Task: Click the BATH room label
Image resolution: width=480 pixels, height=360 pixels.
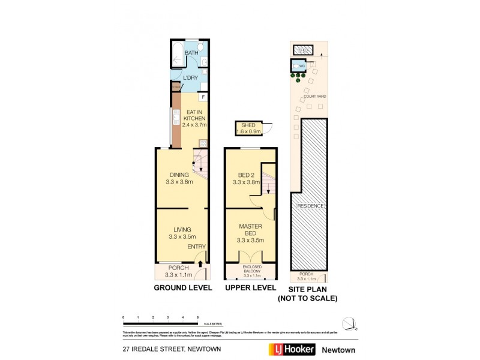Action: point(191,53)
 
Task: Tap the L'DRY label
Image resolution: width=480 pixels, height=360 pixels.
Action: point(191,78)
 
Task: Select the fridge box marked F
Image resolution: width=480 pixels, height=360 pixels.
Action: point(204,97)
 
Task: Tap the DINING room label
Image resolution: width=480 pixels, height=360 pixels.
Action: point(179,175)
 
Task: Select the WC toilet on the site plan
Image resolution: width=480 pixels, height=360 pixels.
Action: point(296,66)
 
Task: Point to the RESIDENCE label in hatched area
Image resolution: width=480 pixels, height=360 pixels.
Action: point(310,206)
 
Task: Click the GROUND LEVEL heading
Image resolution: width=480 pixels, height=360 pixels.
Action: point(183,288)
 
